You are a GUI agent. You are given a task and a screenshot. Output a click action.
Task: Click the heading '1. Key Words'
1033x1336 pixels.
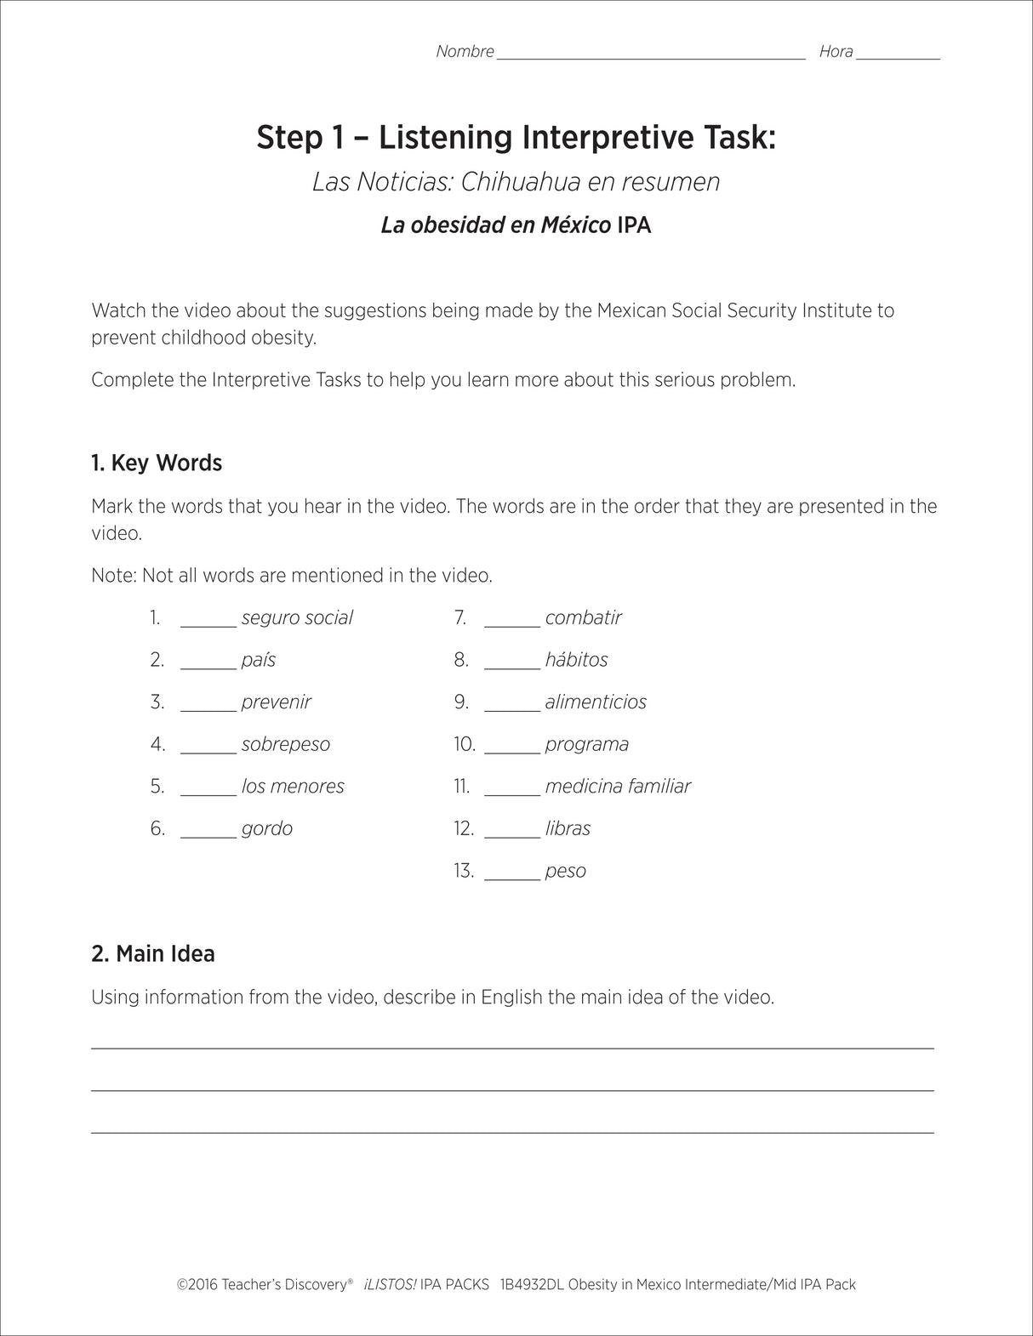click(157, 463)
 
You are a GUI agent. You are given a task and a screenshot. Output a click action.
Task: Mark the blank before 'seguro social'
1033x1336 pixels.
click(208, 621)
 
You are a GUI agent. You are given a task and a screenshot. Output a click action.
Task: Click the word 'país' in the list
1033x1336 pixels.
click(259, 660)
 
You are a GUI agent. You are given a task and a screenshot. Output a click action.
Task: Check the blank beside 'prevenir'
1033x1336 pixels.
click(208, 705)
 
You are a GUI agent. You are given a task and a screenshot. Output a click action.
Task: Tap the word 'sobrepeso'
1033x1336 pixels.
click(285, 744)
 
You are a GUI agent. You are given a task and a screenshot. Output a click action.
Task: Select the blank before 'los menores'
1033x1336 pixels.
click(208, 789)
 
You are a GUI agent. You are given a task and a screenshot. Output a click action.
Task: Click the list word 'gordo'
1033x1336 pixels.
click(266, 829)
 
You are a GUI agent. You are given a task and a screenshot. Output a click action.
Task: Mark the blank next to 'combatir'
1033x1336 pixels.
click(512, 621)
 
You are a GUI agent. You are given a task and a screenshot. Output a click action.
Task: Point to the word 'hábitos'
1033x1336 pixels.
click(576, 660)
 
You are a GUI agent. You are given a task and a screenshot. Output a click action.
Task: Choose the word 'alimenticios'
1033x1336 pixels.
click(596, 702)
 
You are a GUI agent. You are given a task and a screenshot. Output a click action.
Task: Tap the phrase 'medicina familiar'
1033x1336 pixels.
click(618, 787)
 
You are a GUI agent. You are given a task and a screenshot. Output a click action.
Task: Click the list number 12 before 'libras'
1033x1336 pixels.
click(464, 829)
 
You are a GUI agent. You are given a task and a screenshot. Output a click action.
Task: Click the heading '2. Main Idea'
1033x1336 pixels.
click(153, 954)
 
